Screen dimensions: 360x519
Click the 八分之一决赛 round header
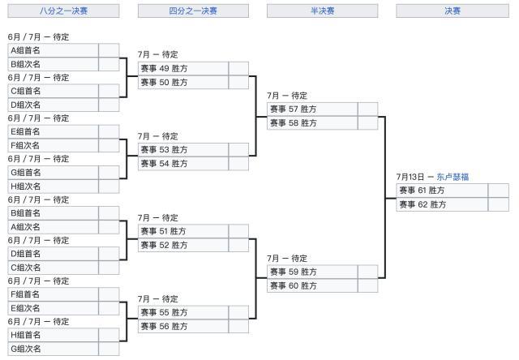click(x=63, y=11)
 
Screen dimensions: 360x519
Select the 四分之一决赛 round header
click(x=193, y=11)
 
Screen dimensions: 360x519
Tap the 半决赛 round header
click(x=322, y=11)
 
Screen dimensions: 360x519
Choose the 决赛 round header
click(x=452, y=11)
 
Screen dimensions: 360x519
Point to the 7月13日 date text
click(x=410, y=177)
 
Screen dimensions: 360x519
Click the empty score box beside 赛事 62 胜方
click(x=498, y=204)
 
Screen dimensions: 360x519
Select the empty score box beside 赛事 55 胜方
click(x=238, y=312)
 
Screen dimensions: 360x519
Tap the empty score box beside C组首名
click(x=109, y=91)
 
